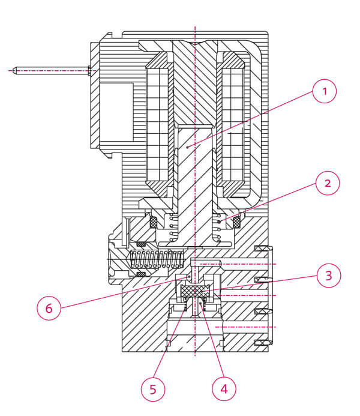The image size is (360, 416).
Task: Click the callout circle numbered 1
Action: tap(325, 91)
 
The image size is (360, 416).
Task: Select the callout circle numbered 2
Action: tap(328, 183)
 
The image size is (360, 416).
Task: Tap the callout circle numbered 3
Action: tap(329, 276)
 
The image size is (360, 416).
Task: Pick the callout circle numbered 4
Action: tap(224, 389)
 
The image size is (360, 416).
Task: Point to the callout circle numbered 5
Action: tap(153, 389)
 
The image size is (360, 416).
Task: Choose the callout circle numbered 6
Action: tap(49, 308)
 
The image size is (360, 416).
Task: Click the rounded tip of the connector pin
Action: tap(14, 71)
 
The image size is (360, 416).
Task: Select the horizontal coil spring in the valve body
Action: tap(156, 259)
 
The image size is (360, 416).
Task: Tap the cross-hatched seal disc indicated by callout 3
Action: tap(195, 291)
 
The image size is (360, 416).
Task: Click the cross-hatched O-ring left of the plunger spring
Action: tap(154, 222)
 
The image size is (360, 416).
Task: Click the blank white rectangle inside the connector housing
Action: tap(116, 112)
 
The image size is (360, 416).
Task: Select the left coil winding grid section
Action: tap(157, 125)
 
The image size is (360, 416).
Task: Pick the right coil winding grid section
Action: tap(233, 125)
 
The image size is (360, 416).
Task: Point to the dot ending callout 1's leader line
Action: tap(187, 146)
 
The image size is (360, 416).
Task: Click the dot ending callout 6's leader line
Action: tap(189, 277)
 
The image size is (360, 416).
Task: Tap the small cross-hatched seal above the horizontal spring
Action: tap(141, 244)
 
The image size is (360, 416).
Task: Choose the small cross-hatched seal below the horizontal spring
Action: tap(141, 274)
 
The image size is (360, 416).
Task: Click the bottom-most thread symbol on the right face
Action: tap(264, 343)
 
